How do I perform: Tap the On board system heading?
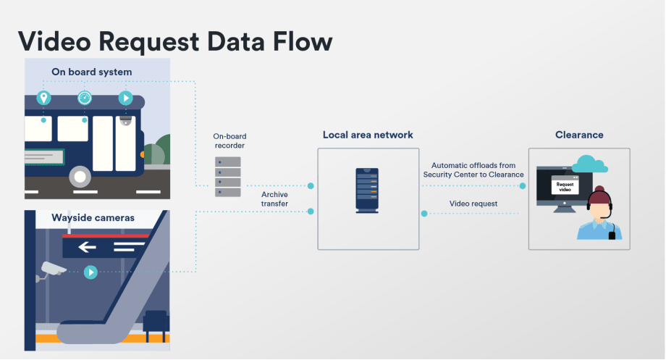tap(91, 72)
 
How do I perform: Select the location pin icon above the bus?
tap(43, 98)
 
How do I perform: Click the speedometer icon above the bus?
tap(85, 98)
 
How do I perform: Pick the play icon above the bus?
tap(125, 98)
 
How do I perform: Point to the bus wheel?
tap(80, 176)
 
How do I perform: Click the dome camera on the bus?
tap(126, 122)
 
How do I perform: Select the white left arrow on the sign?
tap(87, 248)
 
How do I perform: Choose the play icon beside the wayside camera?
tap(90, 272)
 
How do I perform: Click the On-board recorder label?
tap(228, 141)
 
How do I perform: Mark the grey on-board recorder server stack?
tap(228, 177)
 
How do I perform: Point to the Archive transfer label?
tap(274, 199)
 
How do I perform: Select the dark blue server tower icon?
tap(366, 189)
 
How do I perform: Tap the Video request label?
tap(473, 204)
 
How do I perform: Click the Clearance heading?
tap(578, 135)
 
